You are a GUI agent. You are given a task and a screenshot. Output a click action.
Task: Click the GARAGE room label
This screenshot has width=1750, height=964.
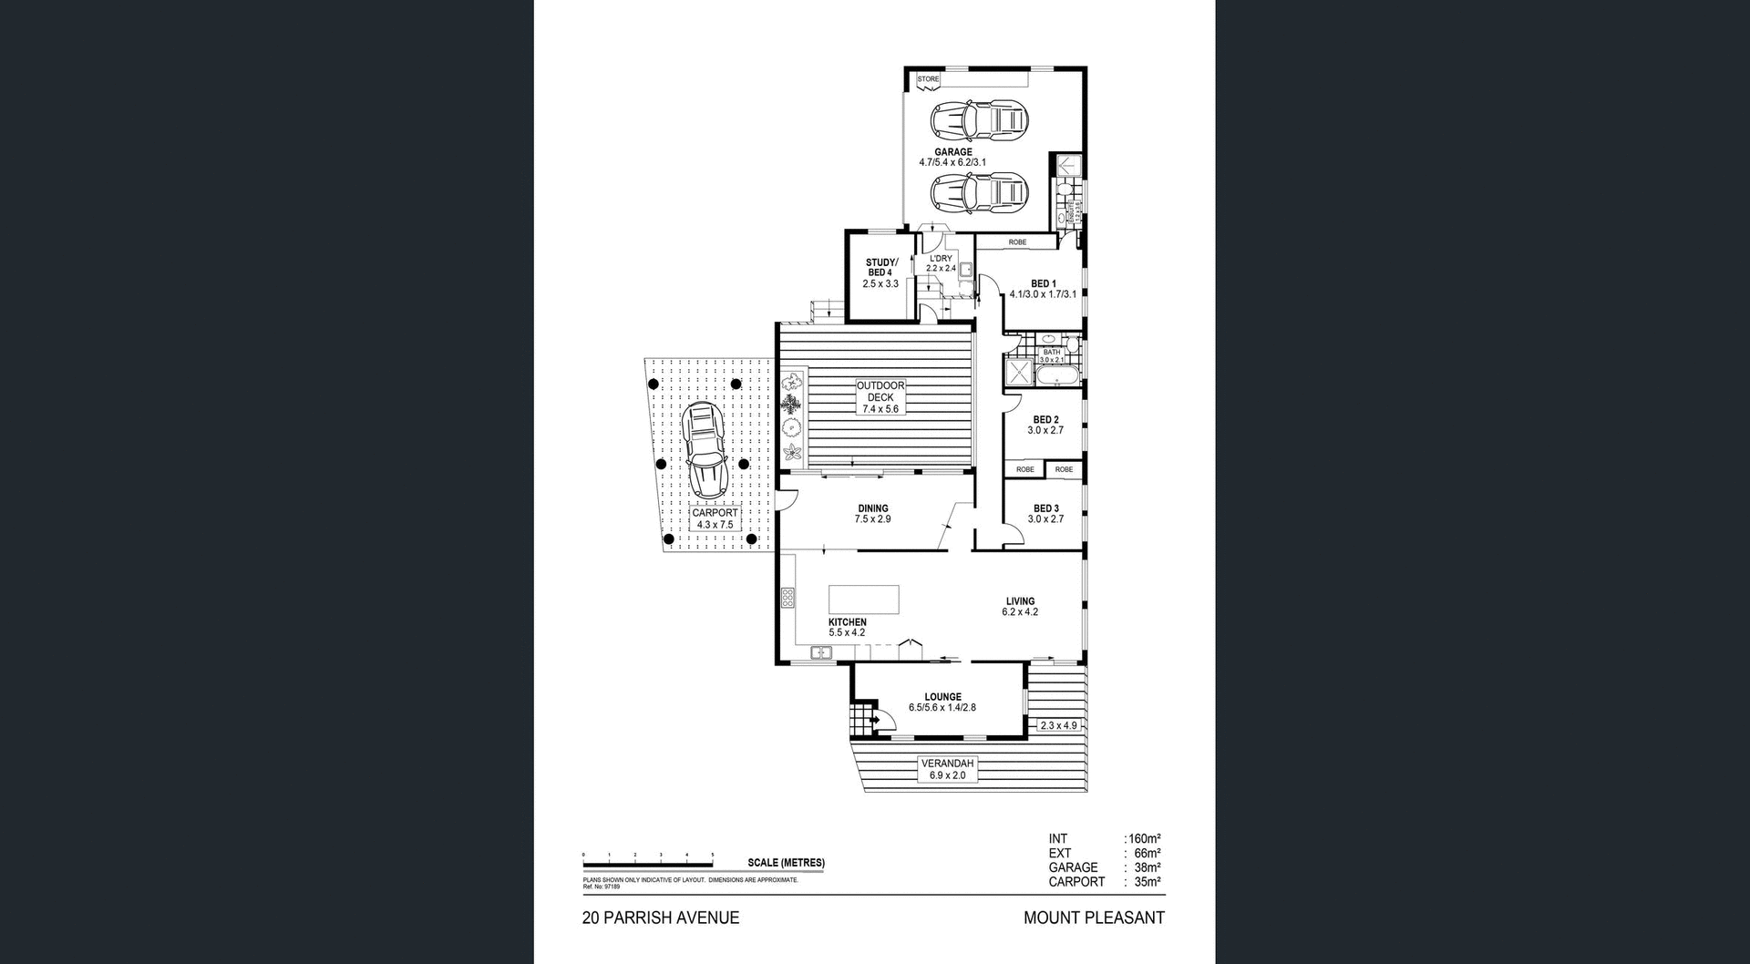tap(952, 152)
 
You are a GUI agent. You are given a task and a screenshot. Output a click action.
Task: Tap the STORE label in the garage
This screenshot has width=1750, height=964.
tap(928, 79)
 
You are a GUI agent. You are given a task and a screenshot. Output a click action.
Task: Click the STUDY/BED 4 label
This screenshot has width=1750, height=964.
tap(880, 268)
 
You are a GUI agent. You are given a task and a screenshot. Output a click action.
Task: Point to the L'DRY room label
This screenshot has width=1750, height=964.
tap(941, 259)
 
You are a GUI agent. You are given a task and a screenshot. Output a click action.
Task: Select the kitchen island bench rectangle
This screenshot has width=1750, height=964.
tap(863, 600)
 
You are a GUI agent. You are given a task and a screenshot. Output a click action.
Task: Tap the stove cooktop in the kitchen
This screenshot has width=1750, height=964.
tap(787, 598)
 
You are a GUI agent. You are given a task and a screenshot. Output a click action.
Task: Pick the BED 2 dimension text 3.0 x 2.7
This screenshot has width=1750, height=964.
tap(1045, 430)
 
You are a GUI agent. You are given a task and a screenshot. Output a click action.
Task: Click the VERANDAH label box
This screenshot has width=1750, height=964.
tap(947, 769)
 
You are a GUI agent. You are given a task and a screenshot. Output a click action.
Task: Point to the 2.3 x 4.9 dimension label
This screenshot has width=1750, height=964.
tap(1058, 725)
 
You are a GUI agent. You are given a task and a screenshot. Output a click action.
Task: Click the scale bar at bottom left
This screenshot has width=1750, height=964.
tap(648, 862)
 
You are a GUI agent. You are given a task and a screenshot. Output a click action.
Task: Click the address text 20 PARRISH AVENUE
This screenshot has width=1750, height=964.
tap(661, 918)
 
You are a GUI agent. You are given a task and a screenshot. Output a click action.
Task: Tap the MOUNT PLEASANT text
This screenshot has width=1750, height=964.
tap(1094, 918)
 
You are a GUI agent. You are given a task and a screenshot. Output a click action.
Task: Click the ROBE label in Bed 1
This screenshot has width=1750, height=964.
tap(1017, 242)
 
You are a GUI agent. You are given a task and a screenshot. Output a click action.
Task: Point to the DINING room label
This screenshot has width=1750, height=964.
tap(872, 508)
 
